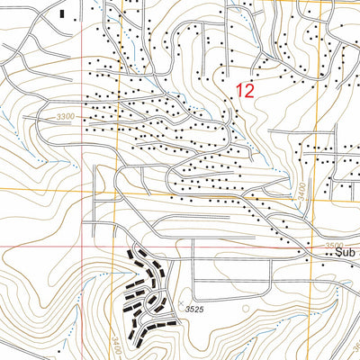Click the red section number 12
click(x=245, y=90)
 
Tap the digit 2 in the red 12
click(x=250, y=90)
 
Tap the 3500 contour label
click(x=335, y=244)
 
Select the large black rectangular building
click(x=61, y=13)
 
